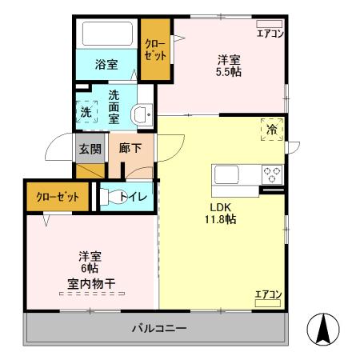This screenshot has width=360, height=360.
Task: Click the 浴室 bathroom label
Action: coord(107,64)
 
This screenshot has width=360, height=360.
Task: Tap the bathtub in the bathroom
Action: coord(107,34)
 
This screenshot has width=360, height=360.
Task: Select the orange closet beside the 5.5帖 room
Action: coord(155,50)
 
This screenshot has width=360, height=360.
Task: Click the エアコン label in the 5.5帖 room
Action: coord(270,33)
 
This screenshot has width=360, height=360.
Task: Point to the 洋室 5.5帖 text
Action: coord(230,66)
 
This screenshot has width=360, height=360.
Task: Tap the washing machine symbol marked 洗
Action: coord(86,113)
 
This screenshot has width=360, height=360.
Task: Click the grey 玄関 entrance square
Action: coord(90,148)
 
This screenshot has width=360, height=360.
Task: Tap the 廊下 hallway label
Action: coord(130,148)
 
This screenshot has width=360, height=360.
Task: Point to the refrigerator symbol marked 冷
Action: coord(272,129)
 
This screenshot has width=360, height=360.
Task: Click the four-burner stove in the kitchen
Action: coord(272,174)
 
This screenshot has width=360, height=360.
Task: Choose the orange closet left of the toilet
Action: coord(56,197)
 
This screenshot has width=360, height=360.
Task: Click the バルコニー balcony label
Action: coord(159,329)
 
